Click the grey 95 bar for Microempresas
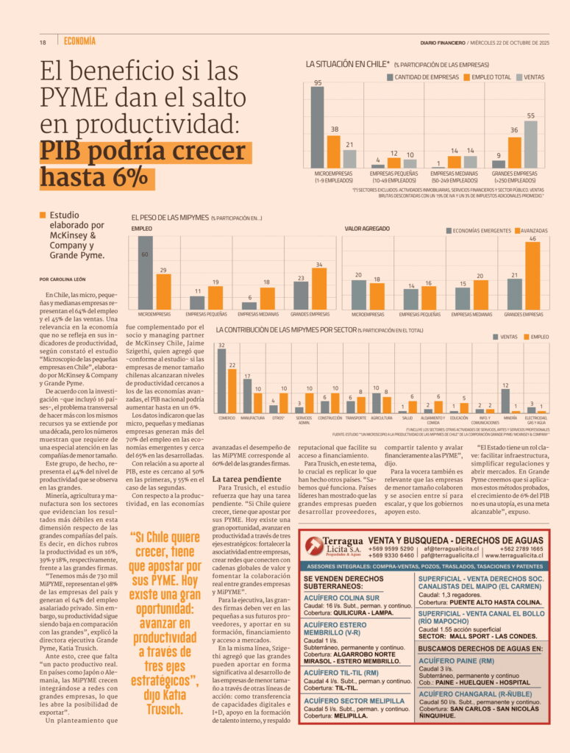[x=317, y=127]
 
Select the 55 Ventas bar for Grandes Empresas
[x=530, y=144]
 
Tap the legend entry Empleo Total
[x=490, y=76]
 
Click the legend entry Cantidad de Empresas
[x=424, y=76]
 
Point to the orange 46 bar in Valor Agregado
[x=532, y=276]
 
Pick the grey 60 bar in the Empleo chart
[x=146, y=272]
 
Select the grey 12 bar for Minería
[x=505, y=401]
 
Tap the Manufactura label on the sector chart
[x=252, y=418]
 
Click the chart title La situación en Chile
[x=348, y=65]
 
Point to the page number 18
[x=43, y=42]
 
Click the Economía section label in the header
[x=79, y=41]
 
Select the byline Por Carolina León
[x=63, y=279]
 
